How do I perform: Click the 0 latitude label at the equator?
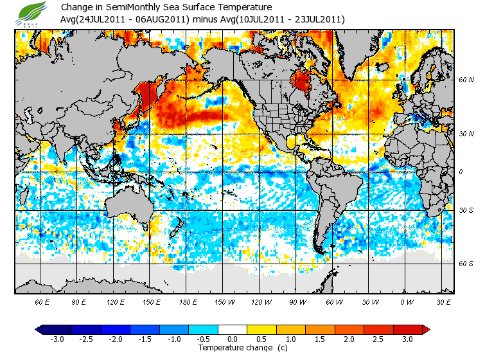tap(460, 172)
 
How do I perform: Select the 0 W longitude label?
tap(406, 302)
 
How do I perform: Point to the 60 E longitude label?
tap(42, 302)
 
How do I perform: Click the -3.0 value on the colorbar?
tap(58, 339)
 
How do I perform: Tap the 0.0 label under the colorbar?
tap(233, 339)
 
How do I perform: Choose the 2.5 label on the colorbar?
tap(378, 339)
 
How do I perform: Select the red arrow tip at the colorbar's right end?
tap(427, 329)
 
